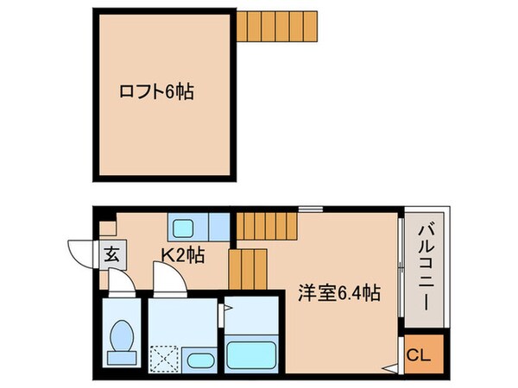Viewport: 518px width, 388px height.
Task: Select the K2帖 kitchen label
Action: coord(182,254)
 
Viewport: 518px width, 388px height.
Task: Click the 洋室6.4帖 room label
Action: coord(338,293)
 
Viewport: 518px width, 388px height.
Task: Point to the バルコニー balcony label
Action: coord(425,268)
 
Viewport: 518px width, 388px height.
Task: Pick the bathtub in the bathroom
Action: coord(252,354)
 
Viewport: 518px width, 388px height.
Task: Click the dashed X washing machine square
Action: coord(163,358)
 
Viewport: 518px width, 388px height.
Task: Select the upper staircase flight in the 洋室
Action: coord(266,227)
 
